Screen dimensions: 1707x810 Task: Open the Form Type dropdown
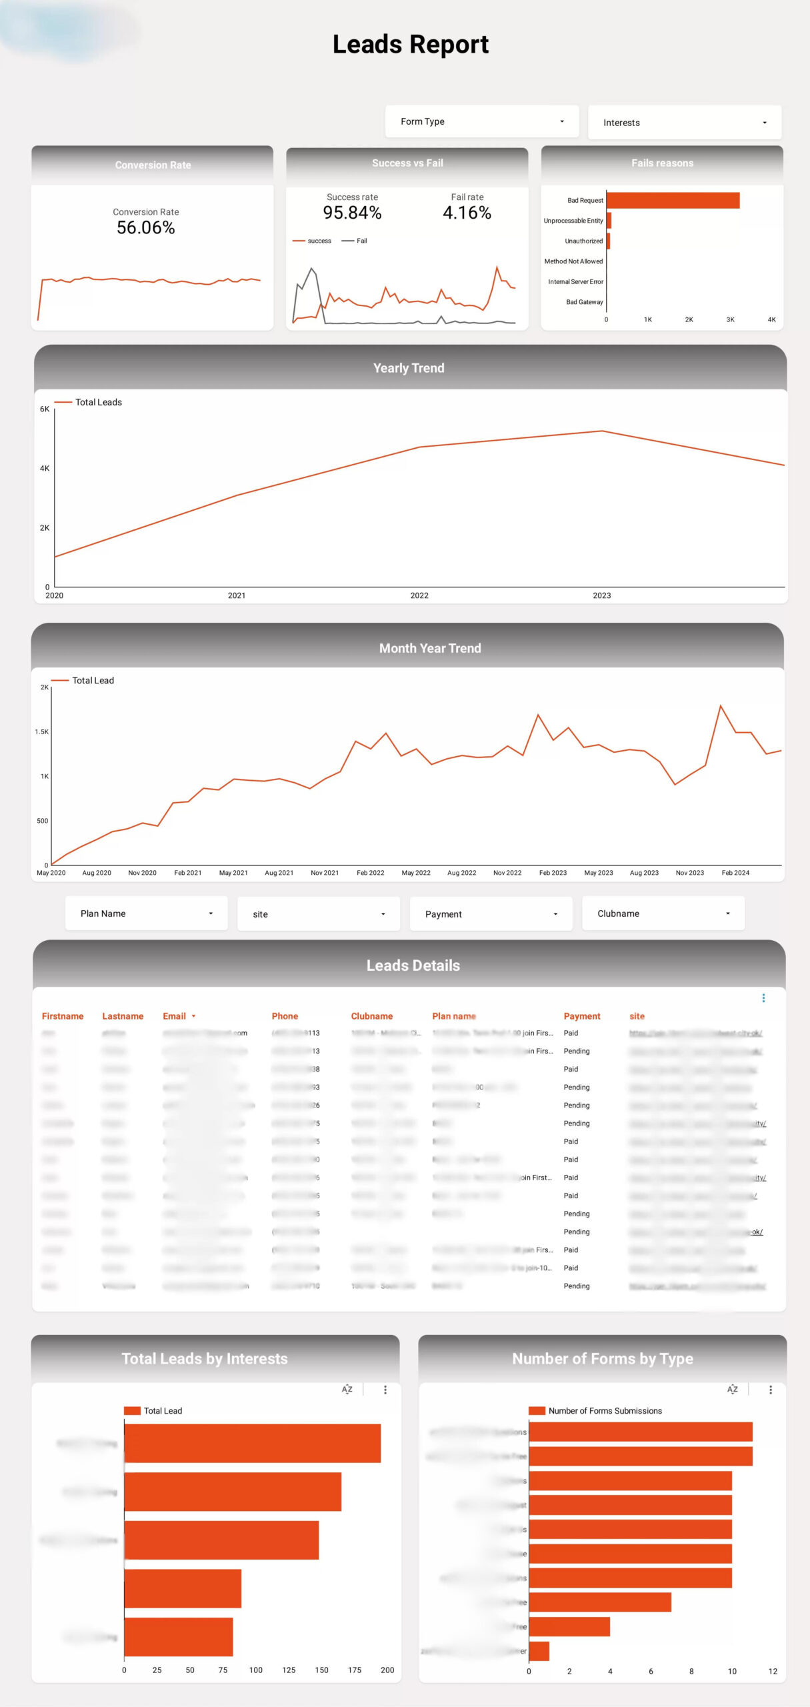tap(481, 121)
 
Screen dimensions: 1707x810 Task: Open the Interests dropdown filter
tap(684, 123)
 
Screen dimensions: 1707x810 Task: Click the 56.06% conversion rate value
tap(145, 227)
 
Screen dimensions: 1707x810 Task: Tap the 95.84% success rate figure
tap(352, 213)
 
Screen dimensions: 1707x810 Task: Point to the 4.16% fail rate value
tap(467, 213)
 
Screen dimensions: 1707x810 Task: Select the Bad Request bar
tap(673, 200)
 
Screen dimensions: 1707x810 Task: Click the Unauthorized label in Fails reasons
tap(583, 241)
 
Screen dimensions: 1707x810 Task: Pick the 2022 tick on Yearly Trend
tap(419, 595)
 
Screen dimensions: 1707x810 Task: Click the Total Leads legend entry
tap(98, 402)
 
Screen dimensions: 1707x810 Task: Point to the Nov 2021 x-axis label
tap(325, 873)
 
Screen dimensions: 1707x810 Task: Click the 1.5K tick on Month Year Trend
tap(42, 731)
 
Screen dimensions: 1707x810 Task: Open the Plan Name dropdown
tap(146, 914)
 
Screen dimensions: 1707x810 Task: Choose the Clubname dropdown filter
tap(663, 914)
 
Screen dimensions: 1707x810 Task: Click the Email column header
tap(175, 1016)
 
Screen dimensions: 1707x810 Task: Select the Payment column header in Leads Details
tap(581, 1016)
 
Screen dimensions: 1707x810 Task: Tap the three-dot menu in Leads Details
tap(763, 998)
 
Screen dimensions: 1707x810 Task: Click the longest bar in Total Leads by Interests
tap(252, 1444)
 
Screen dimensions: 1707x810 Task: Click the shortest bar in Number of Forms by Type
tap(539, 1651)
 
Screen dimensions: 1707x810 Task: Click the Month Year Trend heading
tap(430, 648)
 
